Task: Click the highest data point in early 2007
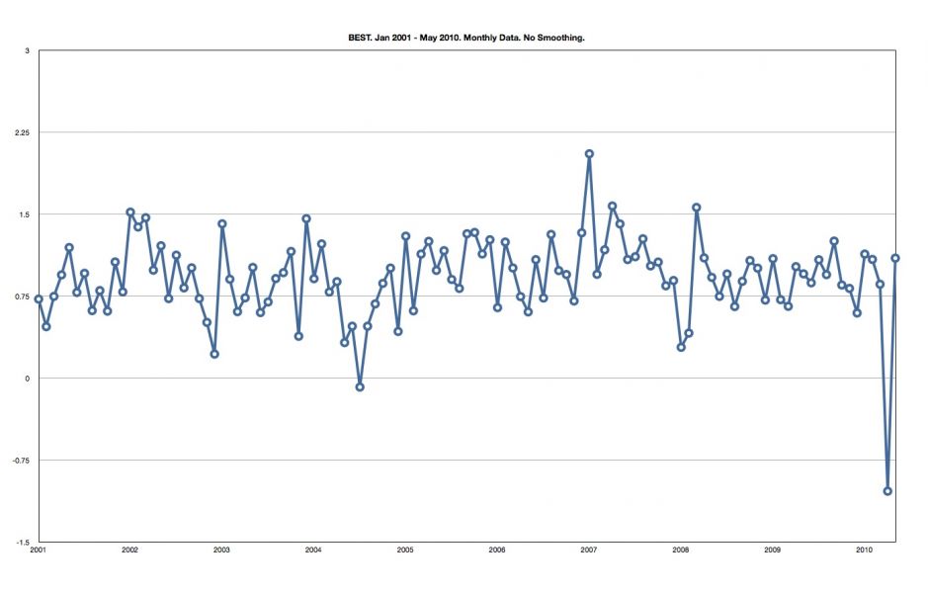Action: [x=589, y=153]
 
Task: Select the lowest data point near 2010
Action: [x=887, y=491]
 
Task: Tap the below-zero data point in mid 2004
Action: [x=360, y=387]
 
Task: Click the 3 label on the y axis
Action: [x=28, y=50]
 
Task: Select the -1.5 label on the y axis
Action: [x=25, y=543]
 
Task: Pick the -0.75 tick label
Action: [x=24, y=461]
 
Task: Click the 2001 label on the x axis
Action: [x=39, y=551]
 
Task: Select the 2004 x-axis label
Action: [x=313, y=551]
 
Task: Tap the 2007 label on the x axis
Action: [x=589, y=551]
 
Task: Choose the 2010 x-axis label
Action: [x=864, y=551]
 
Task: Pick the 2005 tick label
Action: [x=405, y=551]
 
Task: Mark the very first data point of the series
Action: [x=39, y=298]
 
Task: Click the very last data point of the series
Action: [x=895, y=258]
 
